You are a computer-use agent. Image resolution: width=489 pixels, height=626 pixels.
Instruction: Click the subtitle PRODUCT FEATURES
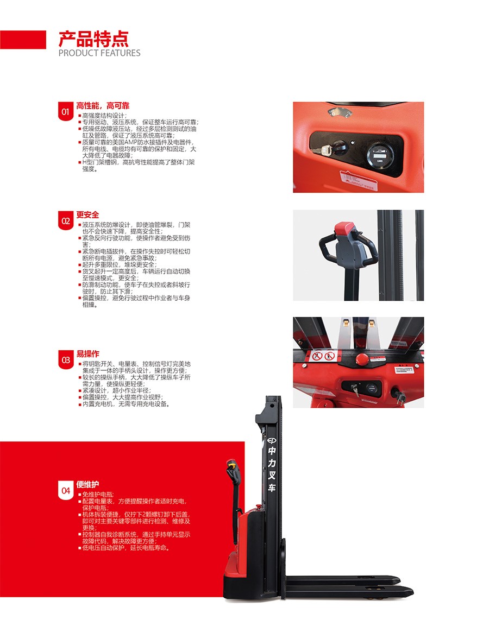point(99,53)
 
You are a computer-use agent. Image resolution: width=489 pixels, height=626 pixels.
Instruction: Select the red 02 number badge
point(66,221)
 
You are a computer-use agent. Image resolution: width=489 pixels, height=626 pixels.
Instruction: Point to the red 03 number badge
point(66,360)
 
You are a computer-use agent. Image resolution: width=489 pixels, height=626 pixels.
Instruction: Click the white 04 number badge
point(66,490)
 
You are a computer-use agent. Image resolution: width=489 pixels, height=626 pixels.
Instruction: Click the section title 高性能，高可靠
point(103,106)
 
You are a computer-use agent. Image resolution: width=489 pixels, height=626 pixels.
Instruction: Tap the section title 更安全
point(88,215)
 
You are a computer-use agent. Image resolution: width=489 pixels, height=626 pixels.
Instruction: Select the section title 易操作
point(88,354)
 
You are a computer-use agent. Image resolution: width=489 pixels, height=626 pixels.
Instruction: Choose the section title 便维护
point(88,484)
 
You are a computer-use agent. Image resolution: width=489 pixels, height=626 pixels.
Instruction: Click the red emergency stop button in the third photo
point(363,358)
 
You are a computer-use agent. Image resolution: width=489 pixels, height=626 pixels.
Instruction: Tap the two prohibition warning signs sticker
point(323,356)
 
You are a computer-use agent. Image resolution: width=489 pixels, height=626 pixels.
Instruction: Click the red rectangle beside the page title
point(23,40)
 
